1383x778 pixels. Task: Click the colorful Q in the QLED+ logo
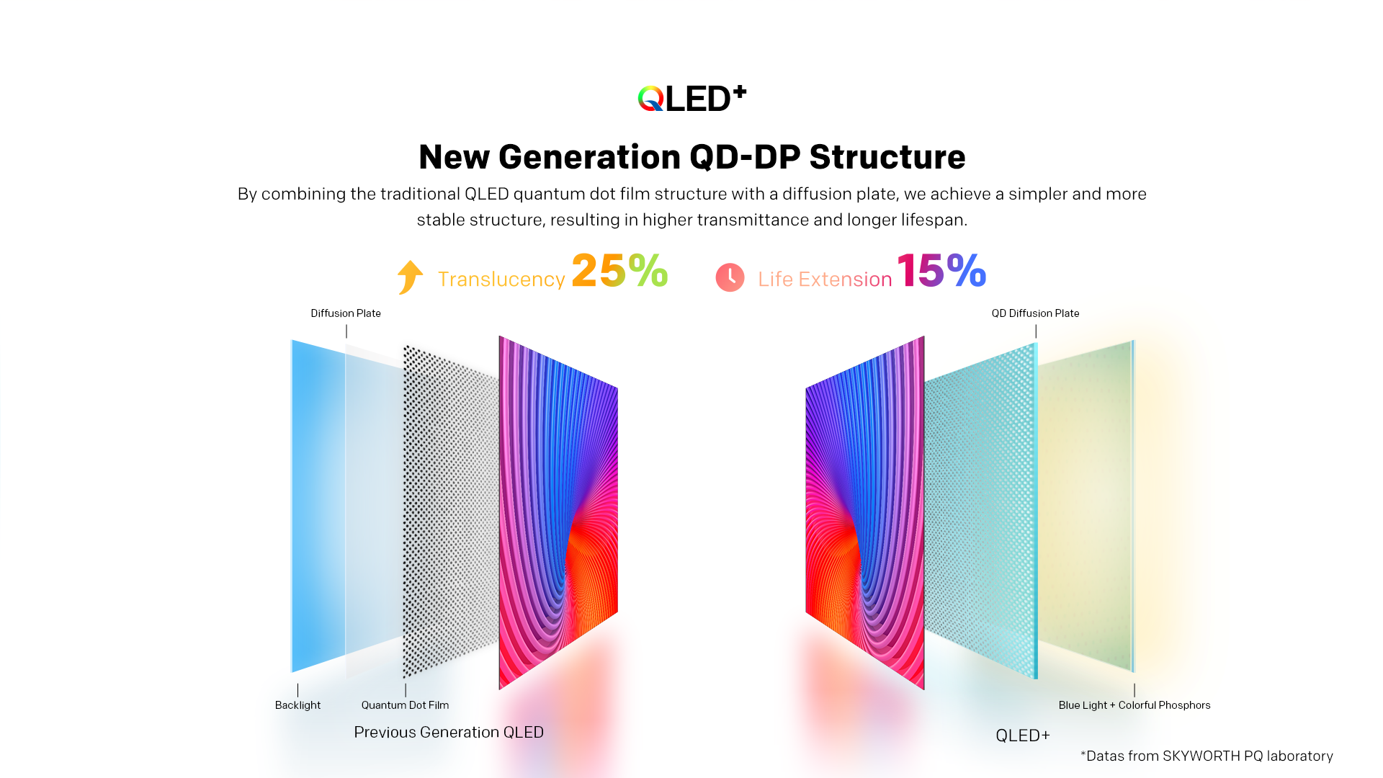pyautogui.click(x=650, y=99)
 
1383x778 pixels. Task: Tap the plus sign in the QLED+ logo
pyautogui.click(x=739, y=92)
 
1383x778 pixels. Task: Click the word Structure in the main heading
pyautogui.click(x=887, y=157)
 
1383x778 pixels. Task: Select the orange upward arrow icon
pyautogui.click(x=410, y=277)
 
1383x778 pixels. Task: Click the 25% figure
pyautogui.click(x=619, y=271)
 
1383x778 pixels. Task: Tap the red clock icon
pyautogui.click(x=730, y=277)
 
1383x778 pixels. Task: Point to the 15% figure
pyautogui.click(x=941, y=271)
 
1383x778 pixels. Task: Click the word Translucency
pyautogui.click(x=501, y=280)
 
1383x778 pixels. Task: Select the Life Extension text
pyautogui.click(x=825, y=280)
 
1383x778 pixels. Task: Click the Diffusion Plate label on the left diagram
pyautogui.click(x=346, y=313)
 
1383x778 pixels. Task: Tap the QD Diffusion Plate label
pyautogui.click(x=1035, y=313)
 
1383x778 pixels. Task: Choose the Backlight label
pyautogui.click(x=297, y=705)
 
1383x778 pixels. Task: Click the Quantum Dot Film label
pyautogui.click(x=405, y=705)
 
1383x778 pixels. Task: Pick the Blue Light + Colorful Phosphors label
pyautogui.click(x=1134, y=705)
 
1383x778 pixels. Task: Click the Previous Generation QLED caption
pyautogui.click(x=449, y=733)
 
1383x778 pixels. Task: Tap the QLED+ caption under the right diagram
pyautogui.click(x=1023, y=735)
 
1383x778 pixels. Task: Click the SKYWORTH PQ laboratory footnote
pyautogui.click(x=1207, y=756)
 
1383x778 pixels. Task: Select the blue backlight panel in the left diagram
pyautogui.click(x=317, y=504)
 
